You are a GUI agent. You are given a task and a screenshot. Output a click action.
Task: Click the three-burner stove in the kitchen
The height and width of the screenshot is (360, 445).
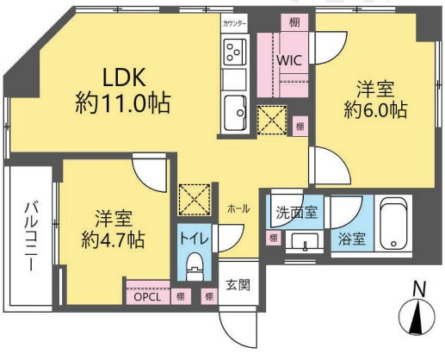(234, 53)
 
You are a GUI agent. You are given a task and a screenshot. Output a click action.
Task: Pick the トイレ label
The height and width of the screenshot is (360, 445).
(193, 235)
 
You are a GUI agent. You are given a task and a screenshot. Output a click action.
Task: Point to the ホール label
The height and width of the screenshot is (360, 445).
(238, 209)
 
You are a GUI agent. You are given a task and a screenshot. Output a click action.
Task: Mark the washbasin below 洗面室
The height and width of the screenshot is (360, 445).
(303, 241)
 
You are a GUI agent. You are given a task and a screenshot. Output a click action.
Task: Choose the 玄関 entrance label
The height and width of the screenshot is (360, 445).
(237, 284)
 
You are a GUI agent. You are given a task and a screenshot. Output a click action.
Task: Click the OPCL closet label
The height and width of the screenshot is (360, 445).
(147, 296)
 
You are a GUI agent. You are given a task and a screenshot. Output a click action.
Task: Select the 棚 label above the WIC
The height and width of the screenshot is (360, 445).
(295, 22)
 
